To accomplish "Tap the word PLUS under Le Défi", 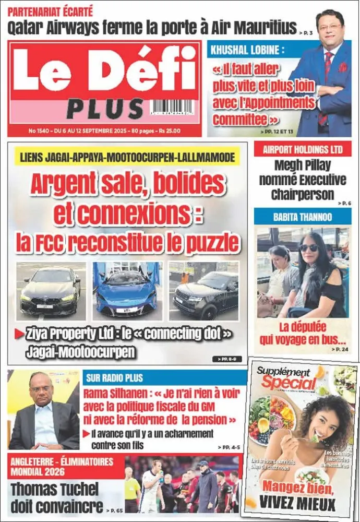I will [x=105, y=109].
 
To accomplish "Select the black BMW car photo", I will [x=51, y=291].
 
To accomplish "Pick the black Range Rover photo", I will [x=204, y=291].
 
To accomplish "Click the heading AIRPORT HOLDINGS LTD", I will [x=303, y=150].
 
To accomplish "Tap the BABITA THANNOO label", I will [x=303, y=217].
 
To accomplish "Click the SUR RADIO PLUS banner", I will [x=120, y=377].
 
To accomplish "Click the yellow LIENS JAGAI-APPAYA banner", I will [x=127, y=156].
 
